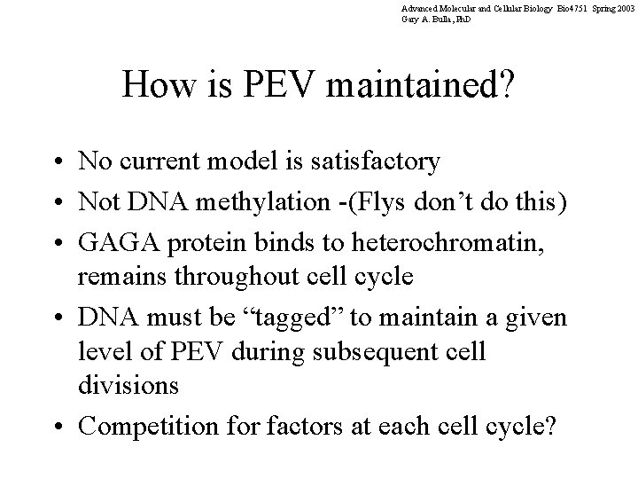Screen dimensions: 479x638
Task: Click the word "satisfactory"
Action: pyautogui.click(x=367, y=161)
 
